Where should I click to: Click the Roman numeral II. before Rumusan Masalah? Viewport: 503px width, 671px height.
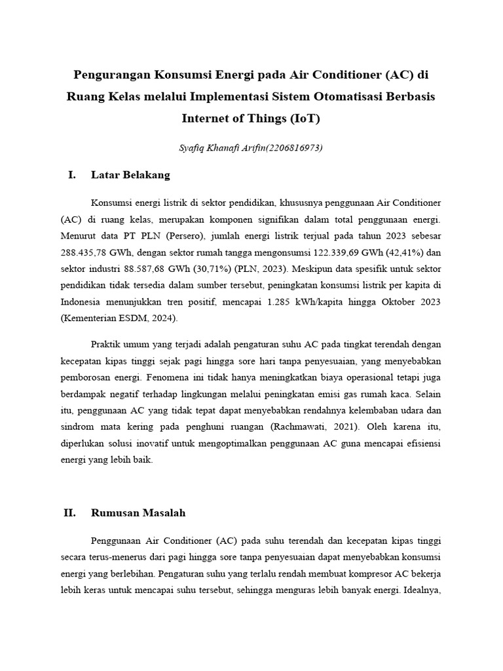click(70, 513)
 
